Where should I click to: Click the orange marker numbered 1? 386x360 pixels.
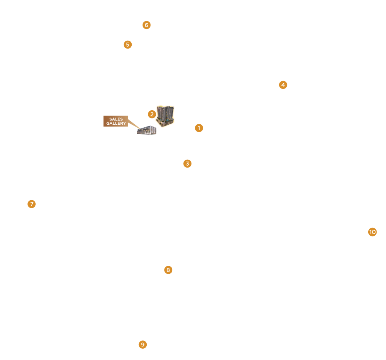199,128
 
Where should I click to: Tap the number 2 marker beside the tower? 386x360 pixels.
152,114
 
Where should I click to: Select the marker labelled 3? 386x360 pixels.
187,163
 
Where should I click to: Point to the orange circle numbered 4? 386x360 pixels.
283,85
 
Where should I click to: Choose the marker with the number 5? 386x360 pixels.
128,44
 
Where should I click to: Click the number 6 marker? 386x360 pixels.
146,25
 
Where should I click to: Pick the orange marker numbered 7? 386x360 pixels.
32,204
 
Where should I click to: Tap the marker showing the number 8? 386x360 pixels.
168,270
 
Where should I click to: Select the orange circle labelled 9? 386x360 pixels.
143,345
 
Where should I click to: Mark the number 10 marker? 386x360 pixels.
372,232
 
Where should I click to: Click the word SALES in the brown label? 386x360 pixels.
116,119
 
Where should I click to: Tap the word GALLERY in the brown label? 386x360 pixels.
116,124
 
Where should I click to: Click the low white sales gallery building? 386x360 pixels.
147,130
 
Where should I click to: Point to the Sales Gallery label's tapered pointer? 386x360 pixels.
134,124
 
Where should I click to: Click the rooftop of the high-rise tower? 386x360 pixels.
165,107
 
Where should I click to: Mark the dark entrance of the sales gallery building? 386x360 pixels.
144,132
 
